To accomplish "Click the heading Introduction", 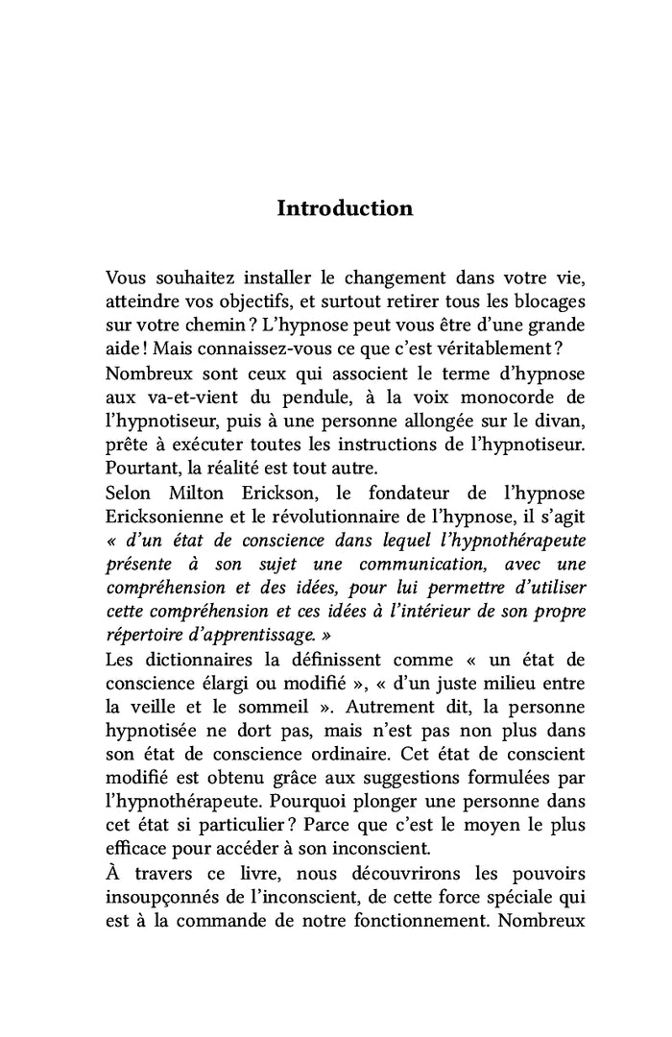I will (x=345, y=208).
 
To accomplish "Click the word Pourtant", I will (x=140, y=467).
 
